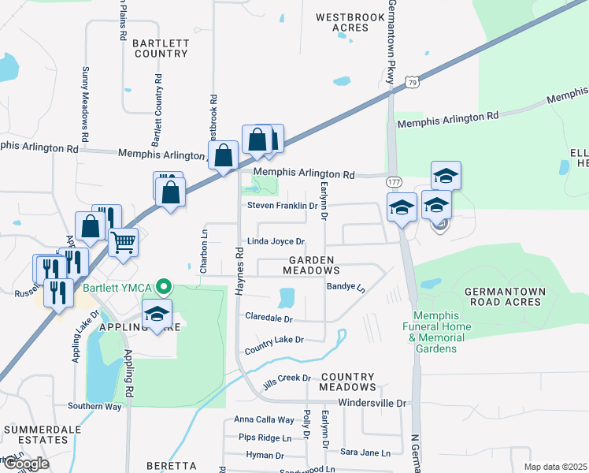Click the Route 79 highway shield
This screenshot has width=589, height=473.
tap(412, 81)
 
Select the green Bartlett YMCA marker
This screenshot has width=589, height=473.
tap(164, 286)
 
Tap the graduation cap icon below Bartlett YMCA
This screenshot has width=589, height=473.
tap(157, 315)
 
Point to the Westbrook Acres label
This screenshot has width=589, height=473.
tap(342, 22)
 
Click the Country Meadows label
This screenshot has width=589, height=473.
tap(348, 382)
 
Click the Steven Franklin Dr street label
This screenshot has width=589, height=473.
tap(282, 205)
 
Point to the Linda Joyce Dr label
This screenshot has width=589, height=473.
tap(276, 241)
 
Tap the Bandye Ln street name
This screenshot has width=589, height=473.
tap(346, 288)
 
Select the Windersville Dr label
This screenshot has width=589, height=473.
tap(372, 403)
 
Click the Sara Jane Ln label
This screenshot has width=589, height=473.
tap(365, 453)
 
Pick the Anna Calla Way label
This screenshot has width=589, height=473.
tap(264, 420)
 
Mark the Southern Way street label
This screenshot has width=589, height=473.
tap(94, 406)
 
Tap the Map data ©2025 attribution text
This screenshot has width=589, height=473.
tap(556, 467)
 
